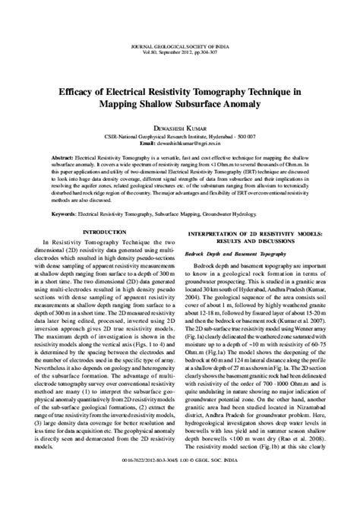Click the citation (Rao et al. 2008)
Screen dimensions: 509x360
click(x=302, y=459)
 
